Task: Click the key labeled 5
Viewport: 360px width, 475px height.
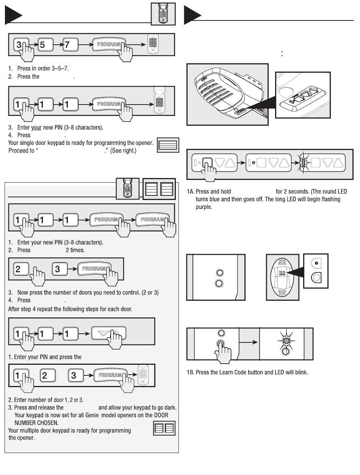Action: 45,45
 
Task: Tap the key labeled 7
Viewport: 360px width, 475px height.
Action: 70,45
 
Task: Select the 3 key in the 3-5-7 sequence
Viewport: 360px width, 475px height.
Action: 21,45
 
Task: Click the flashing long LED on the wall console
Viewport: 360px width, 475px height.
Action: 303,162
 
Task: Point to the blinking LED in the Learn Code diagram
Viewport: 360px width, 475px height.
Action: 286,341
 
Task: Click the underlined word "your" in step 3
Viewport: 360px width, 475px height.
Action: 36,127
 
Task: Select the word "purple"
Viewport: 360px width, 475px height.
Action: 204,207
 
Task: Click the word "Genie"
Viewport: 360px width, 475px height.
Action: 92,415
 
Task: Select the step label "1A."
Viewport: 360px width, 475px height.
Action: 191,192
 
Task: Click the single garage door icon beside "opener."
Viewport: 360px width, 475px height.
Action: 168,145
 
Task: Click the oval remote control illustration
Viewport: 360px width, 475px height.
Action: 282,277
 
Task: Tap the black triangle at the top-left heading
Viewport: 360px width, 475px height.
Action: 13,15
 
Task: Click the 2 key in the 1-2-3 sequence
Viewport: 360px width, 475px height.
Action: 48,375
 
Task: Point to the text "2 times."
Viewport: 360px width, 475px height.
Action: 75,250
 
